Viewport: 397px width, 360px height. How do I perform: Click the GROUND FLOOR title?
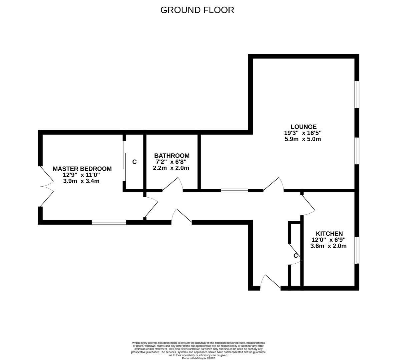[197, 10]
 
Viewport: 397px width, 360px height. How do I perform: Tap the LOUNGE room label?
[303, 127]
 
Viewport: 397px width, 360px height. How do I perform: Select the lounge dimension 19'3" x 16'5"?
[303, 133]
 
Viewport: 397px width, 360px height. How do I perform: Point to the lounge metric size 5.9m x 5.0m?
[303, 139]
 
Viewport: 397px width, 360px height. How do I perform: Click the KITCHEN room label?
[329, 234]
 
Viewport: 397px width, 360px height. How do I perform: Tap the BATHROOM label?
[172, 156]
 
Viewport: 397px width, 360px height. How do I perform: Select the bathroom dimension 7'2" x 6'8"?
[171, 162]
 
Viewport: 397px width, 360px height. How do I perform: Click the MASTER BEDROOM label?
[82, 169]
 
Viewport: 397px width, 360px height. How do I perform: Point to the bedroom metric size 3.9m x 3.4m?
[81, 181]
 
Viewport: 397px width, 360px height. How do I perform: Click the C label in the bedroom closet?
[134, 162]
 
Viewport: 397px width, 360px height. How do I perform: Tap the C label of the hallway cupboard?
[295, 256]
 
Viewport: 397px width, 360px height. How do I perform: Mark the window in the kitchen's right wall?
[357, 250]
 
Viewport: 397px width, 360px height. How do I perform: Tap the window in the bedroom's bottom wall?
[109, 222]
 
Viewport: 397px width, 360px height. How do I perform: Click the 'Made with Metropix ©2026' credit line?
[198, 358]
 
